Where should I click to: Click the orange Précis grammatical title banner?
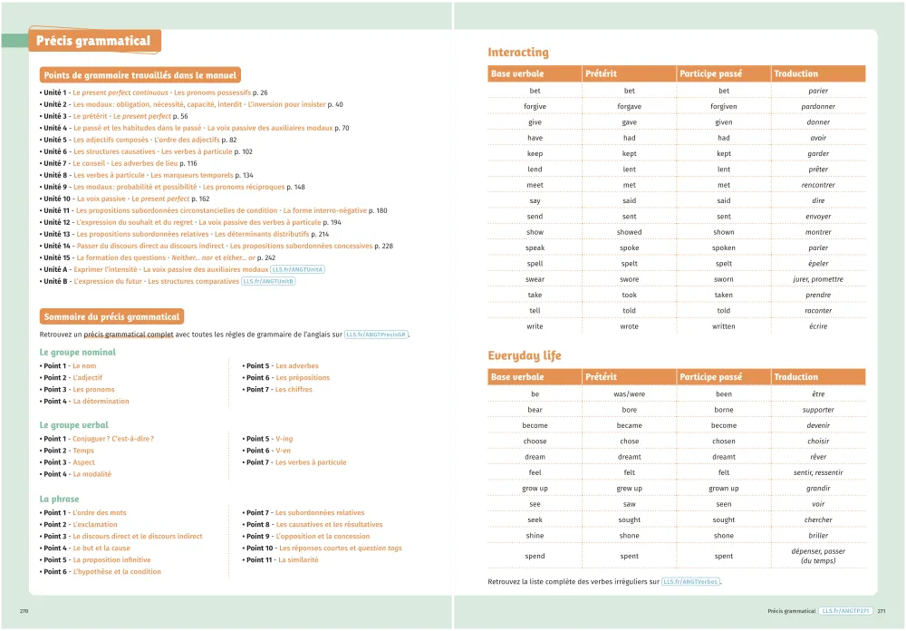93,41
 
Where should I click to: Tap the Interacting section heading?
518,53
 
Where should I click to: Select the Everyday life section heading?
525,355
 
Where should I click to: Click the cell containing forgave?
629,106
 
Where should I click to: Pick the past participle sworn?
723,279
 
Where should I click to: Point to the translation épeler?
818,264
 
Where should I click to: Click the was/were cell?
629,394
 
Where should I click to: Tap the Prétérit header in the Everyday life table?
601,377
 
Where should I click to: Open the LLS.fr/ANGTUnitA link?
298,269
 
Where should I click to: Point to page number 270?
24,611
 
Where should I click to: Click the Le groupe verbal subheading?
74,424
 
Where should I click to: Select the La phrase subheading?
60,499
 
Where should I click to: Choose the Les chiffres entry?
294,389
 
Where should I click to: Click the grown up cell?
723,489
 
